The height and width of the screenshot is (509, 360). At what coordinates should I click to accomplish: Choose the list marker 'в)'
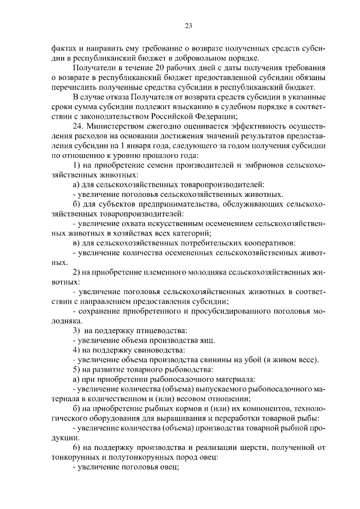click(78, 243)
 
